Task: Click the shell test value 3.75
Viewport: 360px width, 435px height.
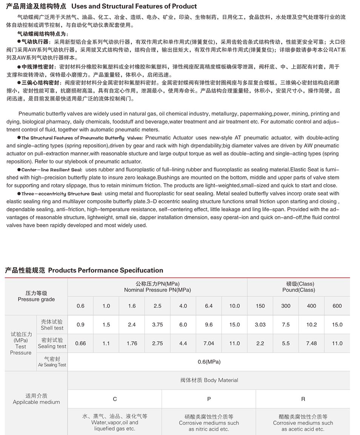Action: pyautogui.click(x=157, y=324)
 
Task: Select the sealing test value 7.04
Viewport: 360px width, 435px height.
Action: pyautogui.click(x=209, y=343)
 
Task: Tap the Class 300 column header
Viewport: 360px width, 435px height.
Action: pyautogui.click(x=286, y=306)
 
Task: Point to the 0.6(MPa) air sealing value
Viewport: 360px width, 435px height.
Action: pyautogui.click(x=209, y=362)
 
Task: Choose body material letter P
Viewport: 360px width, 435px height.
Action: pyautogui.click(x=209, y=399)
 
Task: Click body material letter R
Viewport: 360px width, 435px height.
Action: pyautogui.click(x=303, y=399)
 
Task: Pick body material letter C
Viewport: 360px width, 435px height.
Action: pyautogui.click(x=115, y=399)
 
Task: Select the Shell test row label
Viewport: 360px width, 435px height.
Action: pyautogui.click(x=52, y=325)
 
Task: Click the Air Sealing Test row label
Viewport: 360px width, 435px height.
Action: pyautogui.click(x=52, y=362)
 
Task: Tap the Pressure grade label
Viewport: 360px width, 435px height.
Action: pyautogui.click(x=36, y=297)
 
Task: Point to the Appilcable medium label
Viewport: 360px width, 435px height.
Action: pyautogui.click(x=36, y=399)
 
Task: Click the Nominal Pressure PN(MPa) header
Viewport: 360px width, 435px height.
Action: pyautogui.click(x=157, y=287)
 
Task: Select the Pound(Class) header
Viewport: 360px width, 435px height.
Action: pyautogui.click(x=298, y=287)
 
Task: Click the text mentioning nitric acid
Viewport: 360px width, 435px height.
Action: pyautogui.click(x=209, y=423)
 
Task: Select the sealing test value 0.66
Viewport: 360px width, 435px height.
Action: pyautogui.click(x=80, y=343)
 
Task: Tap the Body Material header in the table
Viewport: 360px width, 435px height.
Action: pyautogui.click(x=209, y=380)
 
